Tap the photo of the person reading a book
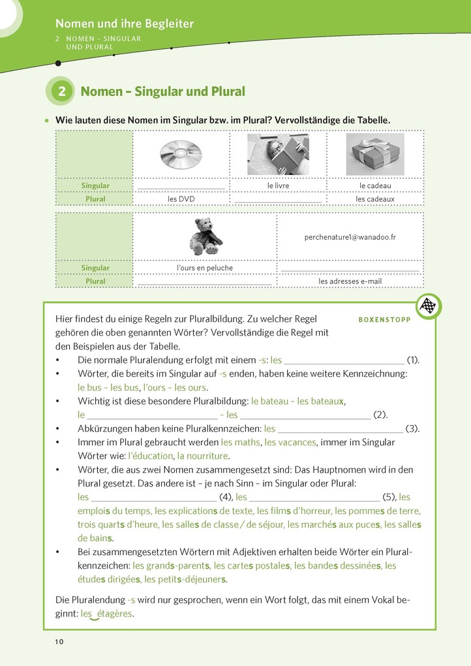tap(278, 154)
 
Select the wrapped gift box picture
tap(374, 154)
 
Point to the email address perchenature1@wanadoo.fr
tap(350, 238)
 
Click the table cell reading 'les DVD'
tap(181, 199)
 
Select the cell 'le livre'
tap(278, 186)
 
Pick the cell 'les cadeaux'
tap(374, 199)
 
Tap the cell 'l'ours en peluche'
tap(205, 268)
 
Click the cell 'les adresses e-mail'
tap(350, 281)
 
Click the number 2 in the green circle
tap(61, 91)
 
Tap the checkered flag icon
tap(428, 306)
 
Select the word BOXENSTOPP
tap(384, 320)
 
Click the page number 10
tap(59, 642)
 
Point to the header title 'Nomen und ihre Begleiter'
tap(124, 24)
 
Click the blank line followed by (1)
tap(344, 360)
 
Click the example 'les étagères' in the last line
tap(107, 614)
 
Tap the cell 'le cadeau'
tap(374, 186)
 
